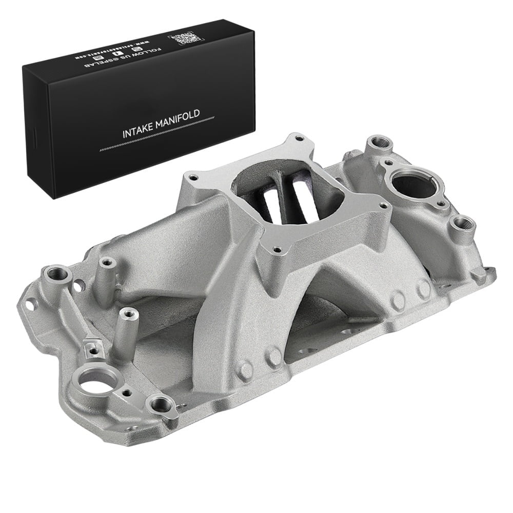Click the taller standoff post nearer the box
pyautogui.click(x=107, y=263)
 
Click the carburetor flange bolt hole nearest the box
pyautogui.click(x=193, y=177)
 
